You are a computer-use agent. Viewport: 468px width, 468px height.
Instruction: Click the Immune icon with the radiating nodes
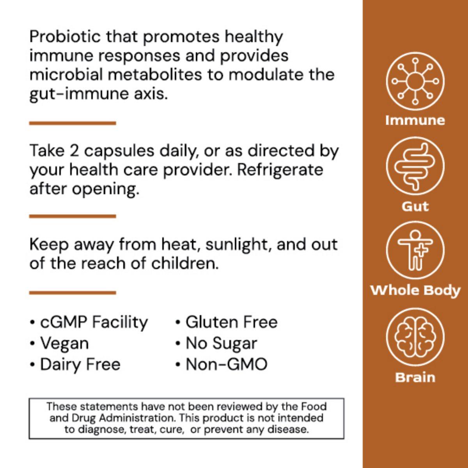415,81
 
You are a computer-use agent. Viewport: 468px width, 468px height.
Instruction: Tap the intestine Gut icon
415,166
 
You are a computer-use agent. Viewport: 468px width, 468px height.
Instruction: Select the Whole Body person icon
415,250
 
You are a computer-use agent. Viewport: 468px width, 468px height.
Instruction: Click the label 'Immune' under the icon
415,120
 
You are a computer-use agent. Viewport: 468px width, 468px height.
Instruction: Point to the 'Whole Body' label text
415,291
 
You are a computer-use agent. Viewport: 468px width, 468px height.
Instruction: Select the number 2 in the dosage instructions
74,151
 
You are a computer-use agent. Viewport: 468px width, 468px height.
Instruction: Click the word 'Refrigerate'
280,170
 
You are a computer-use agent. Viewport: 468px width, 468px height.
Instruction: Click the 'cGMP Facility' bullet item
94,323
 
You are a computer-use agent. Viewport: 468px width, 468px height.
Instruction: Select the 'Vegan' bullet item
64,344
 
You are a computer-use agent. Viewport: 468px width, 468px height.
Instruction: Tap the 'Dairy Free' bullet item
80,365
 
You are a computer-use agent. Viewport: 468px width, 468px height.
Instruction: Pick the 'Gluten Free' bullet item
231,323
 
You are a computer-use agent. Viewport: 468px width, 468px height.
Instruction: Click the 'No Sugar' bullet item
221,344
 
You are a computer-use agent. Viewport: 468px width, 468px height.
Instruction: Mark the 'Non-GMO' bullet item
226,365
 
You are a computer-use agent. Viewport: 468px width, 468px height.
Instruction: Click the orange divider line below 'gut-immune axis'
73,123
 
